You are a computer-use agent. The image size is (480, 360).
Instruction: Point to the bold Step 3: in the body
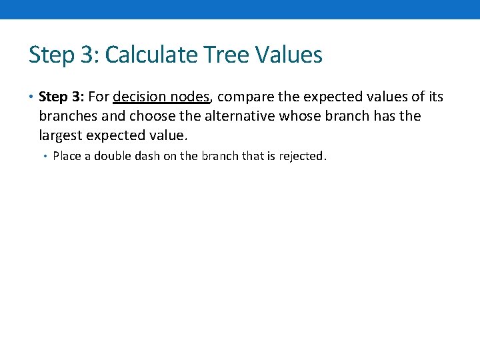tap(63, 97)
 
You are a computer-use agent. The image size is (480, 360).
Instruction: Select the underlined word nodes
tap(189, 97)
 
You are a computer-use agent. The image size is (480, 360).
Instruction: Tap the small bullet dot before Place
tap(45, 157)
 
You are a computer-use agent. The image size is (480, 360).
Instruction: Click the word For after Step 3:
tap(99, 97)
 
